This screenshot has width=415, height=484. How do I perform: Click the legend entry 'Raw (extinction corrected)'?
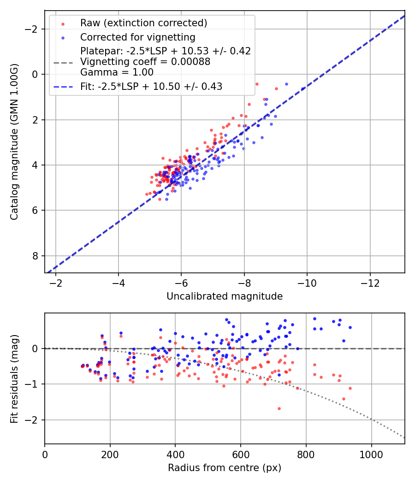click(x=143, y=23)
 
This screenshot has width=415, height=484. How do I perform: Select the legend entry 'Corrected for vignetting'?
click(x=138, y=37)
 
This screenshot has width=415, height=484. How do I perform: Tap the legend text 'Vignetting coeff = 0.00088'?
click(x=145, y=62)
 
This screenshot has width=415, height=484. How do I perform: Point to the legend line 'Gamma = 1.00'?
click(x=117, y=72)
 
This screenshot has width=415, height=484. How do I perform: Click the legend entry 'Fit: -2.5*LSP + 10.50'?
click(x=151, y=87)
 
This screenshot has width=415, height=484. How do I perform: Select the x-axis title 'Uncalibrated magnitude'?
click(x=225, y=296)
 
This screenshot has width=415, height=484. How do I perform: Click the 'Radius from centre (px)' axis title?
click(x=225, y=468)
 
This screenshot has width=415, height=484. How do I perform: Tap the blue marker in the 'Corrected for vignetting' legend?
click(x=63, y=37)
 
